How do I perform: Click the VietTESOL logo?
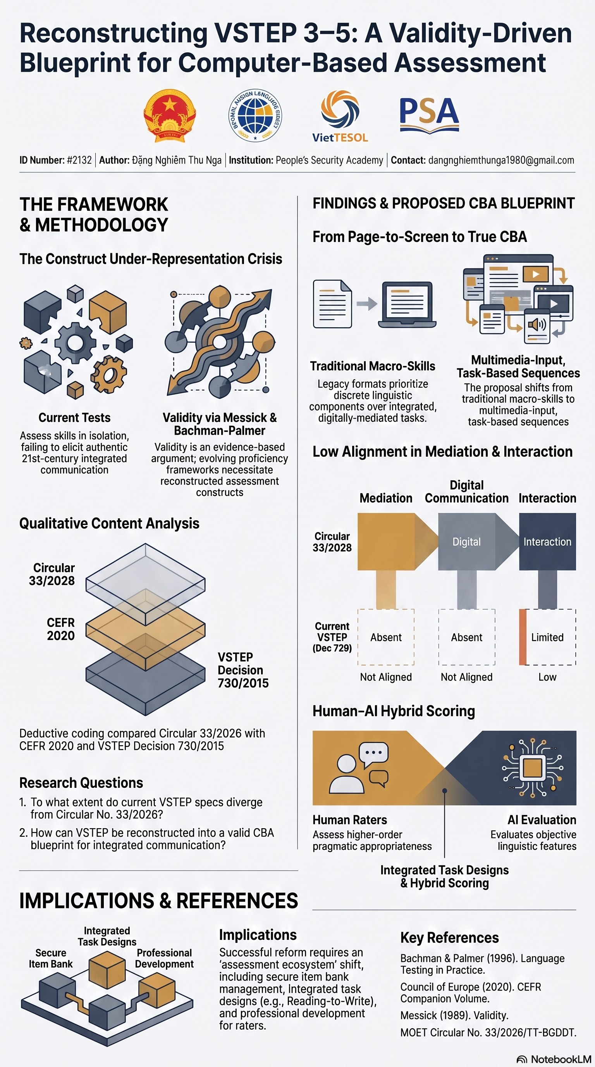point(340,116)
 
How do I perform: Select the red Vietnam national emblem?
point(169,116)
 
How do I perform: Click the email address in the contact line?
point(501,160)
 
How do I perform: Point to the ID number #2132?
point(79,160)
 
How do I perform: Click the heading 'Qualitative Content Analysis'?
point(109,523)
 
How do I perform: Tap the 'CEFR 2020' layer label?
point(61,629)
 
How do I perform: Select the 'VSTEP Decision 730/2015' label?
point(243,670)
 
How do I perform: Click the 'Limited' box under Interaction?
point(547,637)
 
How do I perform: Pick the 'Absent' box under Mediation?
point(386,637)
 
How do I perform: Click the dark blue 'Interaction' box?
point(547,541)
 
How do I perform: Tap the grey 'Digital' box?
point(467,541)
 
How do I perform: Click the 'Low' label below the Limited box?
point(547,677)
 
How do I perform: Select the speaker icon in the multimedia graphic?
point(537,323)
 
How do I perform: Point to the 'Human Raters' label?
point(350,820)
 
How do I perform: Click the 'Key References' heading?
point(449,938)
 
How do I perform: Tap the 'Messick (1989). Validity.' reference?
point(454,1015)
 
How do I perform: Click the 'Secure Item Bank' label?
point(50,958)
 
